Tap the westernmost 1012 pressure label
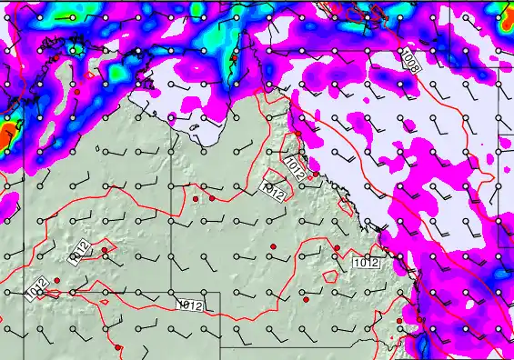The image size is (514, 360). [x=37, y=289]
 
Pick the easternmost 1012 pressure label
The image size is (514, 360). [x=365, y=263]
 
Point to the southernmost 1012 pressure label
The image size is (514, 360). [x=189, y=305]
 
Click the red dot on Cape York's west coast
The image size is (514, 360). [x=234, y=57]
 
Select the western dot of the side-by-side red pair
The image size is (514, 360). [x=196, y=198]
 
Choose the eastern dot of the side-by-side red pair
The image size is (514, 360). [x=212, y=197]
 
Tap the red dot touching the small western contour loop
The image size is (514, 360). [x=105, y=250]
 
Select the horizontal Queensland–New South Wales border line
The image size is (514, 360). [x=291, y=347]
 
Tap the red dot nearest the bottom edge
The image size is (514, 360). [x=118, y=347]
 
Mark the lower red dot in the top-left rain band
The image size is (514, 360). [x=79, y=92]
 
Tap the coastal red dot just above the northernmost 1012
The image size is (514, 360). [x=297, y=134]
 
